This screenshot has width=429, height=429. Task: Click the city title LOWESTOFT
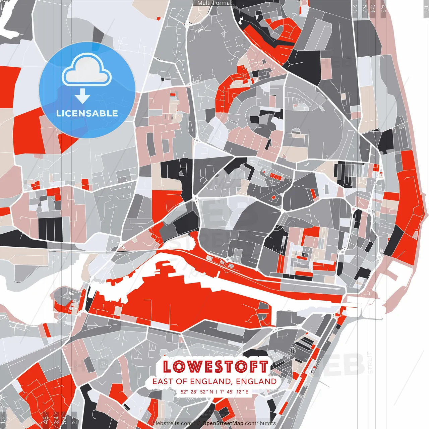(216, 367)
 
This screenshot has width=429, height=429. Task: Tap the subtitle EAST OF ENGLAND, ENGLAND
(214, 381)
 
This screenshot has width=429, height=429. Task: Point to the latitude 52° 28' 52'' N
(197, 391)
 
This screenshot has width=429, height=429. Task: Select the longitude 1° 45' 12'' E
(234, 391)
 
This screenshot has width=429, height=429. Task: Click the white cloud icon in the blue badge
(87, 70)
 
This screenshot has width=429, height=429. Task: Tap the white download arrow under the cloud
(82, 97)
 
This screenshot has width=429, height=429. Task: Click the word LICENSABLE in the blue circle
(87, 113)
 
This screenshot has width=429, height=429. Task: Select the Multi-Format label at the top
(214, 3)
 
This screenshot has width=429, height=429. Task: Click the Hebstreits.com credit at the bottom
(172, 423)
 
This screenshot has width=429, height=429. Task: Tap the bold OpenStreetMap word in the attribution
(223, 423)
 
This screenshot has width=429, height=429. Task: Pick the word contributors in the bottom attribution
(260, 423)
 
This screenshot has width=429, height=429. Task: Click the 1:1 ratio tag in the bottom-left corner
(3, 420)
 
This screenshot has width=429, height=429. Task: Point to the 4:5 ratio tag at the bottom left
(46, 420)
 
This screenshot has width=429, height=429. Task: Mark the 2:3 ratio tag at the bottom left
(74, 420)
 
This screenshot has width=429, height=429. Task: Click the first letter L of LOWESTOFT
(168, 367)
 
